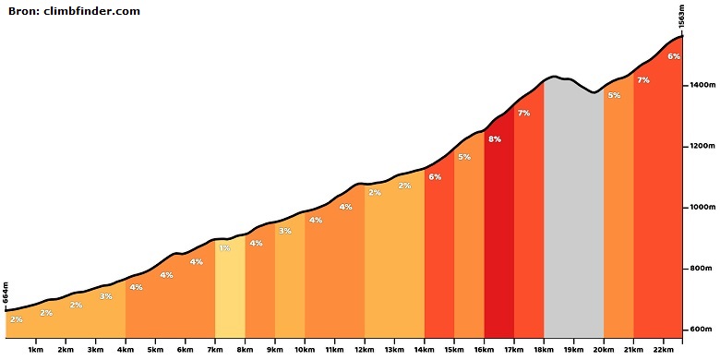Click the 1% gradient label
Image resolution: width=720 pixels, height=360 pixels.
click(x=224, y=248)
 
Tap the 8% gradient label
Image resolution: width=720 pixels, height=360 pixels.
click(x=495, y=139)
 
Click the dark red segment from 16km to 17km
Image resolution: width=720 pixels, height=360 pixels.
click(x=498, y=230)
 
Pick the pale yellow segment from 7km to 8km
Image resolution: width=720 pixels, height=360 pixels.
click(x=230, y=288)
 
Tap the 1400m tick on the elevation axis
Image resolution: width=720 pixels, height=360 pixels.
click(x=702, y=86)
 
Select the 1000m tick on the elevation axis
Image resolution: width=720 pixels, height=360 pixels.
click(x=702, y=208)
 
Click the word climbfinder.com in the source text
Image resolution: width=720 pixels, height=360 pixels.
click(x=91, y=11)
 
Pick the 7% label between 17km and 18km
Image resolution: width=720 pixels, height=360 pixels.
click(x=524, y=113)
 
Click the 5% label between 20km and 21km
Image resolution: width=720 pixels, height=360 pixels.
click(x=614, y=95)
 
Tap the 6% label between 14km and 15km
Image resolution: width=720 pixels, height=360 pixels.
click(x=435, y=177)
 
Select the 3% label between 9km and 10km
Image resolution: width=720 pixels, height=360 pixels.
click(x=285, y=231)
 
